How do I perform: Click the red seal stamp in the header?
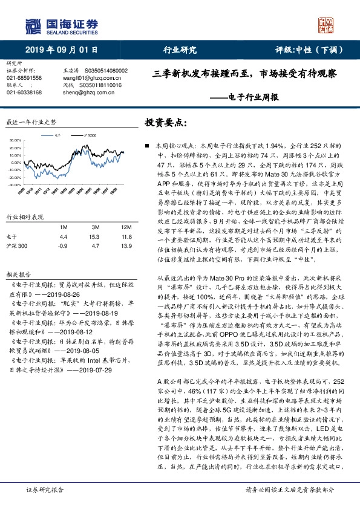coord(327,25)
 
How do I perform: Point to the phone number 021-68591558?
coord(24,78)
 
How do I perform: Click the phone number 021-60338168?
coord(24,92)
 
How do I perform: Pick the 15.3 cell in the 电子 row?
coord(94,237)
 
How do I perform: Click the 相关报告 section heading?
coord(16,273)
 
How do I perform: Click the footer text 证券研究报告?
coord(41,490)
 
